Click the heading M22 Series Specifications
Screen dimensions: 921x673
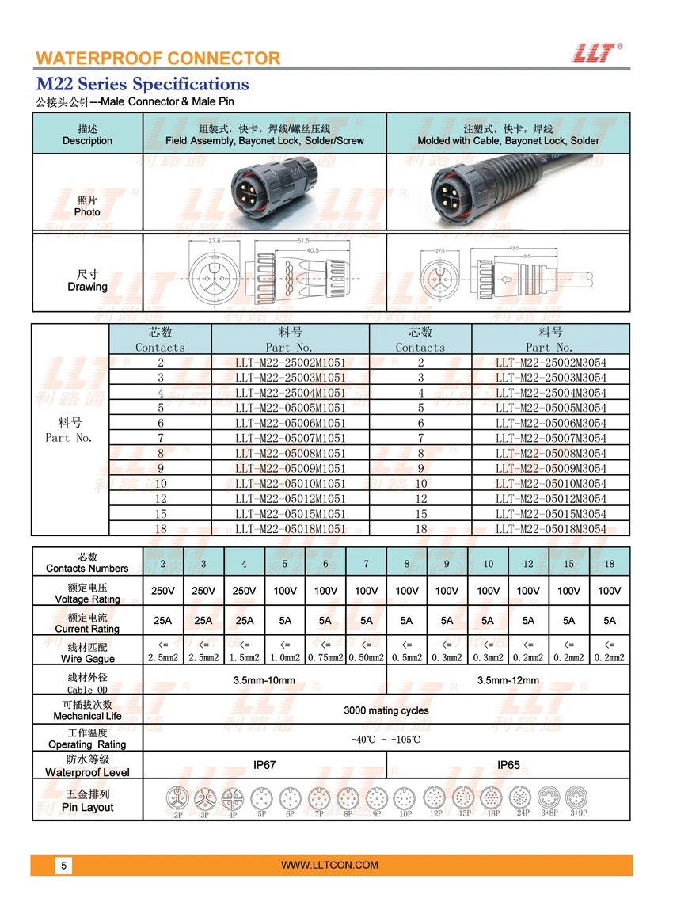pyautogui.click(x=143, y=84)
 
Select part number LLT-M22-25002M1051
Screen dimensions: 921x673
pyautogui.click(x=291, y=363)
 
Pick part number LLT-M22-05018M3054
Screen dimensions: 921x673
pyautogui.click(x=551, y=529)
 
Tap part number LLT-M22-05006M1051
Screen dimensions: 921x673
pyautogui.click(x=291, y=424)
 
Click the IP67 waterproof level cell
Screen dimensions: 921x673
pyautogui.click(x=264, y=766)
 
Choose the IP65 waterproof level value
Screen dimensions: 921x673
pyautogui.click(x=508, y=766)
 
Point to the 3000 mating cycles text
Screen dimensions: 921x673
pyautogui.click(x=386, y=710)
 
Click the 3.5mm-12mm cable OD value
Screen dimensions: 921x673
pyautogui.click(x=508, y=680)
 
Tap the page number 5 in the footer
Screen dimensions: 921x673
pyautogui.click(x=64, y=866)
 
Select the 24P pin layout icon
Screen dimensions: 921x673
pyautogui.click(x=520, y=797)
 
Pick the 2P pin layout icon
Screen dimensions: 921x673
pyautogui.click(x=178, y=798)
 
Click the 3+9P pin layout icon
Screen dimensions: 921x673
pyautogui.click(x=578, y=796)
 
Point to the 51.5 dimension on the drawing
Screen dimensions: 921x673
pyautogui.click(x=303, y=240)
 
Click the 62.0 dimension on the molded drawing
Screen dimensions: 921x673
pyautogui.click(x=515, y=247)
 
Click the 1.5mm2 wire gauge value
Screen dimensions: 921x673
pyautogui.click(x=244, y=657)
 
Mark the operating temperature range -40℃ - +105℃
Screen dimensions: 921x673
pyautogui.click(x=386, y=740)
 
